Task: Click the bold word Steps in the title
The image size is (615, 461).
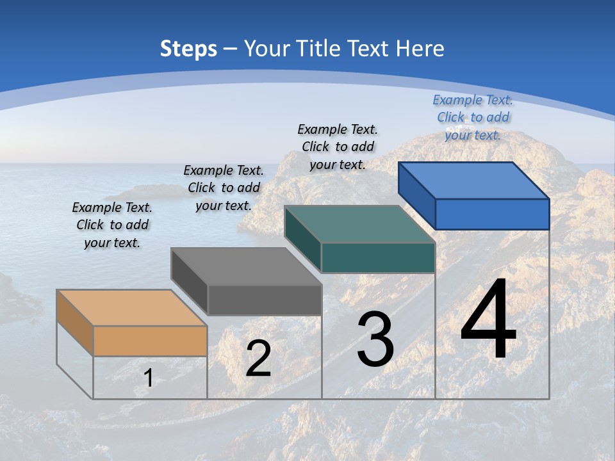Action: (188, 49)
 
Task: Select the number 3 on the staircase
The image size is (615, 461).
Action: (375, 339)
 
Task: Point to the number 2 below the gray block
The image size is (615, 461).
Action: (258, 359)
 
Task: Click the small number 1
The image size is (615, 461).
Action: (149, 378)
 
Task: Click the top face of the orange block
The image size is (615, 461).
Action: (132, 308)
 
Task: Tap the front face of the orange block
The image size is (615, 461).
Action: (150, 341)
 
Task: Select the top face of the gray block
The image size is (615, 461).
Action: (246, 266)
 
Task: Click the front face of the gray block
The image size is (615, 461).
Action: (265, 300)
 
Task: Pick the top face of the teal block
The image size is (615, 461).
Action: (360, 224)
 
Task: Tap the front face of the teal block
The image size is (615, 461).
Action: (378, 257)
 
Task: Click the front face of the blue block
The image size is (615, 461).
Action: (492, 214)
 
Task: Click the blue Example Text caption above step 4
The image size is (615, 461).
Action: (473, 117)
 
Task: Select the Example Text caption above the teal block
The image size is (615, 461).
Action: (338, 147)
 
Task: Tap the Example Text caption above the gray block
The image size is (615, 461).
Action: (224, 188)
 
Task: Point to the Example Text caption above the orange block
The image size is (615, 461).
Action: (112, 225)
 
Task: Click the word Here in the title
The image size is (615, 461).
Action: (420, 49)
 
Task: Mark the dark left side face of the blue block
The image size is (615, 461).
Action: (417, 195)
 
